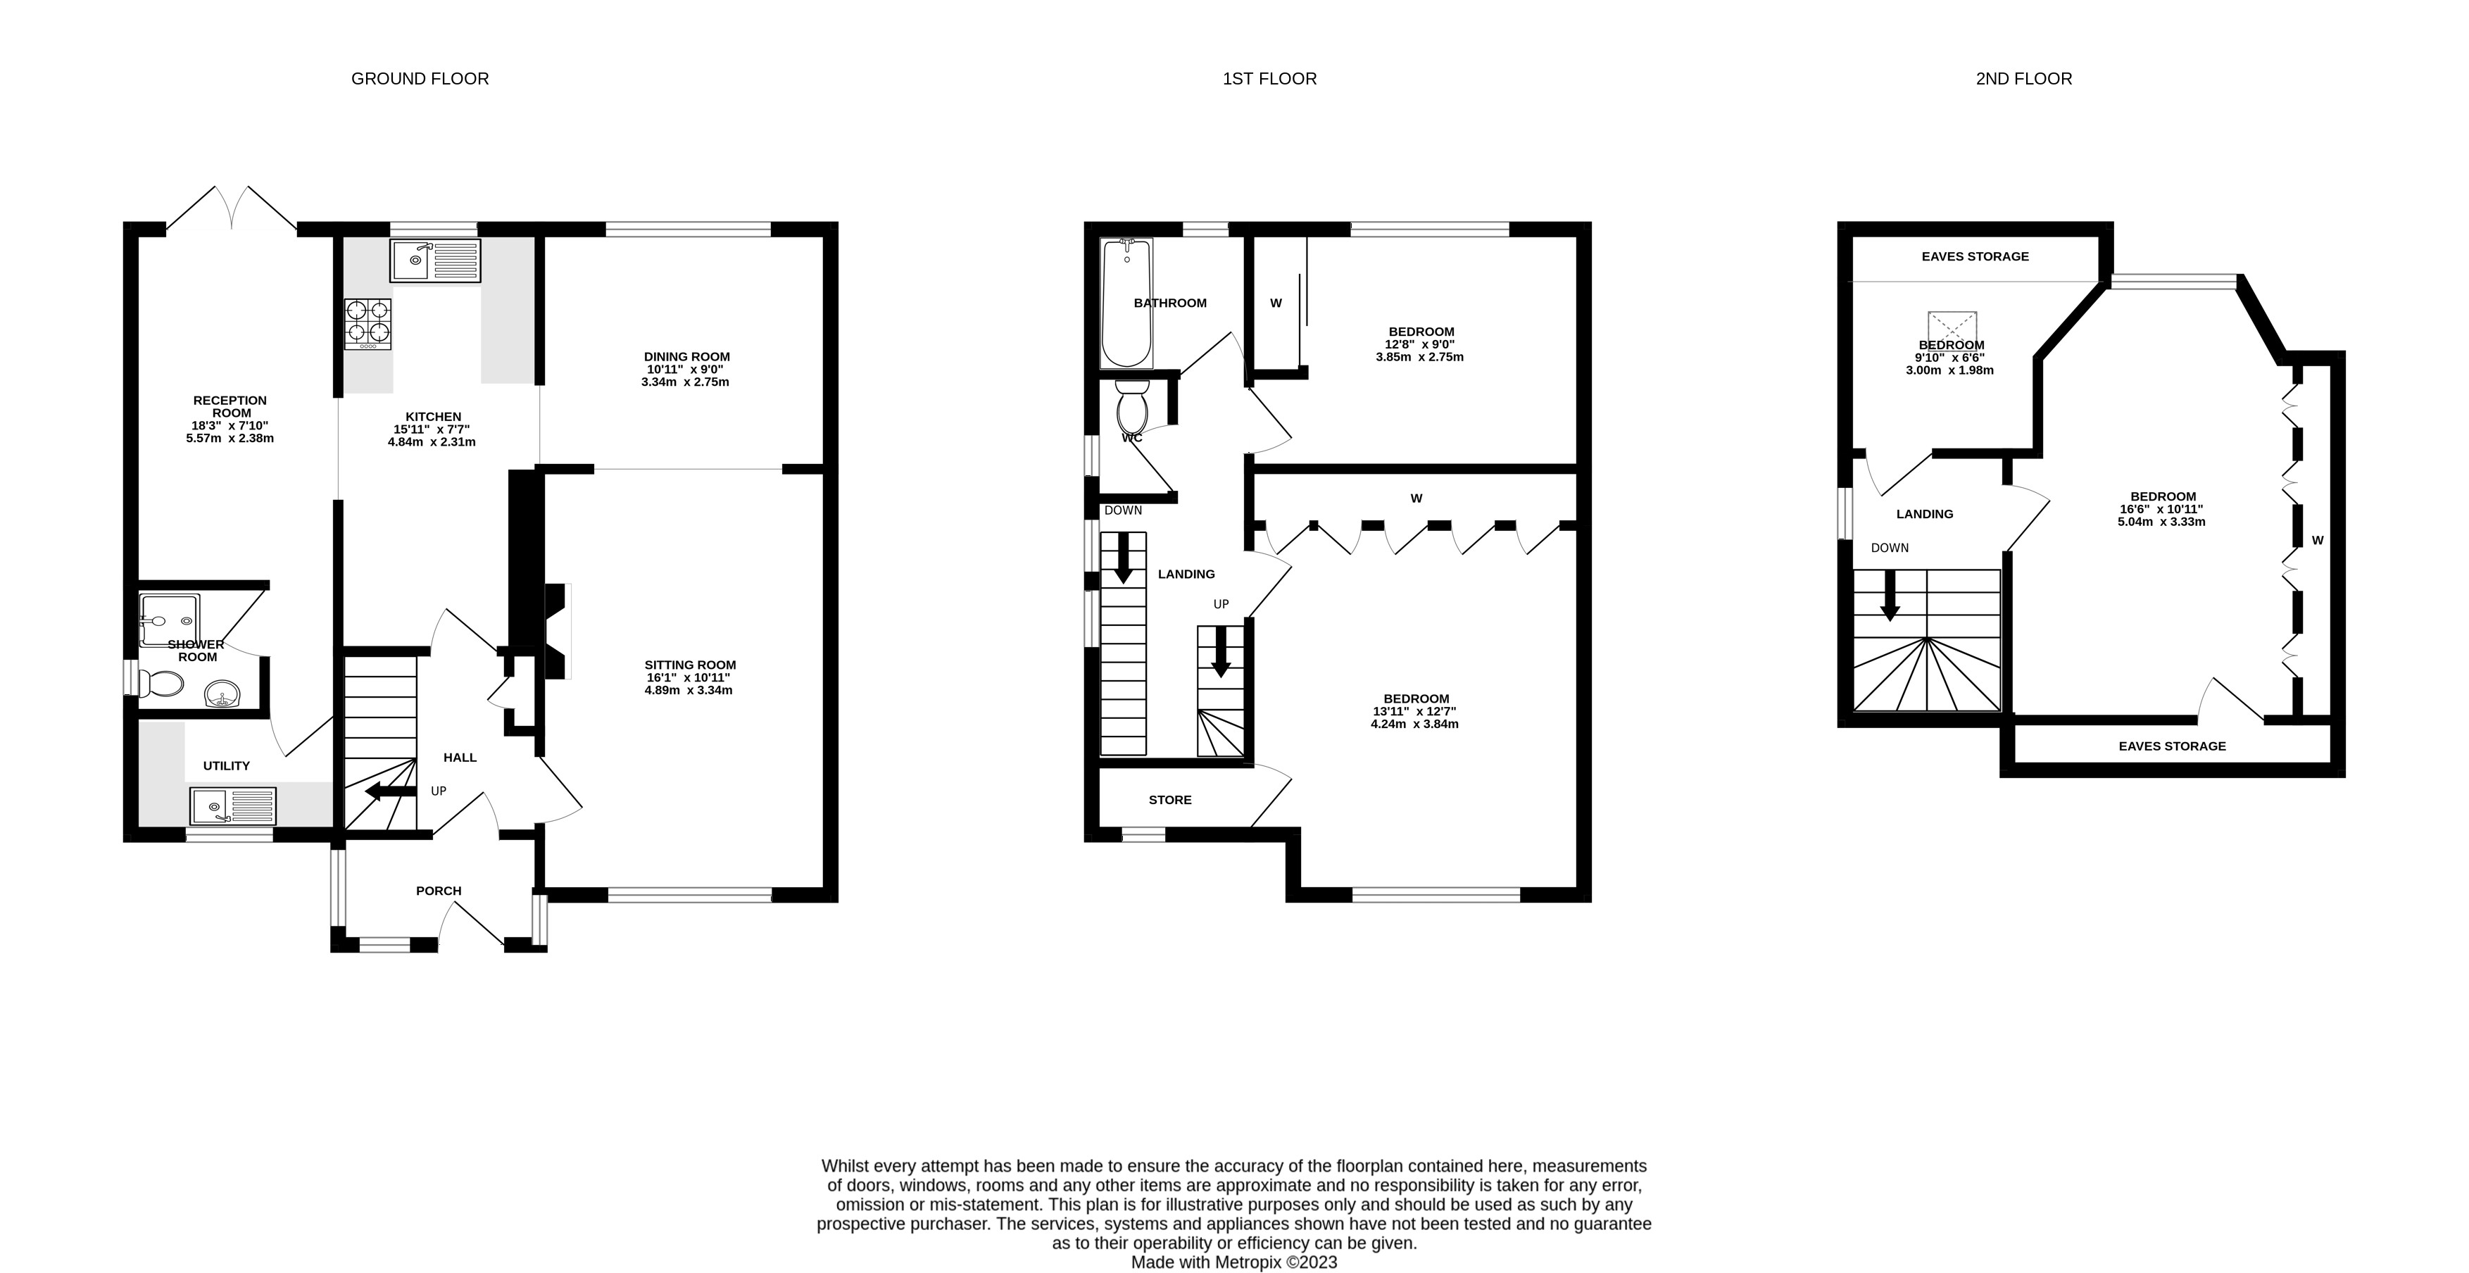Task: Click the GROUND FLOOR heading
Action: point(420,79)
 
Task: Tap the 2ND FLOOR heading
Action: point(2023,79)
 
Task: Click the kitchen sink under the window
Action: point(435,261)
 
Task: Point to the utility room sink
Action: point(233,806)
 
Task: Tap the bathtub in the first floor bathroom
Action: point(1126,303)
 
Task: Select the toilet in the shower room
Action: point(160,684)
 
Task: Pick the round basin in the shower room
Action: point(223,693)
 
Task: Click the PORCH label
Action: point(439,891)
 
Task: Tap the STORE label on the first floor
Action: point(1170,799)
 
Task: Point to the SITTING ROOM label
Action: point(690,664)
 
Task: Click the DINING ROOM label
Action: point(687,356)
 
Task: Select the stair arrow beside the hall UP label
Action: point(391,791)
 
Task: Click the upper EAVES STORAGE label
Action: point(1975,256)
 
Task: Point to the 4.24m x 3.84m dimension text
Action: point(1414,724)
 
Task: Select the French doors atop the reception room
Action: point(232,208)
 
